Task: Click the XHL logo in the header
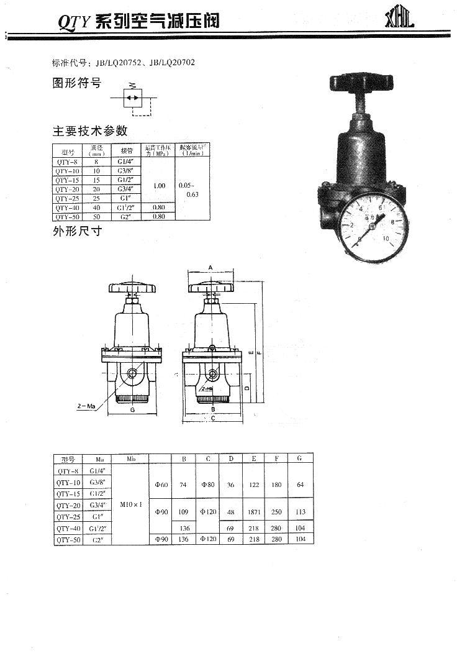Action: [399, 18]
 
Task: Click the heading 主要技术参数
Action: [89, 131]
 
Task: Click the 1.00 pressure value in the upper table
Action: [159, 186]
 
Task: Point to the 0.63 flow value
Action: [192, 194]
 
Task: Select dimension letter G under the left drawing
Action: [132, 411]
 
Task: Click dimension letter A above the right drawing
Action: [210, 267]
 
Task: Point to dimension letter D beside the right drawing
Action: [247, 388]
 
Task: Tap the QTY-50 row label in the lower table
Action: [68, 539]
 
